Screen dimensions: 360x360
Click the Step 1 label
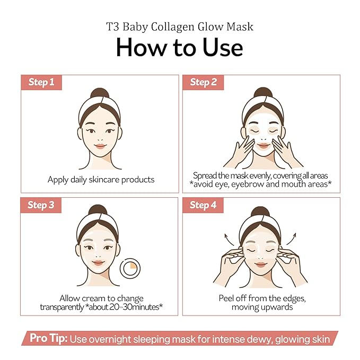tap(41, 82)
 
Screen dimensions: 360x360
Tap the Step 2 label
tap(203, 82)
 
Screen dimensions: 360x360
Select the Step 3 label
tap(41, 205)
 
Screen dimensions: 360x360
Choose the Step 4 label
tap(203, 205)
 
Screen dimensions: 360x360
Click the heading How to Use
tap(179, 47)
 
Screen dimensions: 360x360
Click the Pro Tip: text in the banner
tap(48, 339)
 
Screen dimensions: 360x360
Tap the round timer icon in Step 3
tap(129, 269)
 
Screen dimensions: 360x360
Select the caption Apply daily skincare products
tap(101, 180)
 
